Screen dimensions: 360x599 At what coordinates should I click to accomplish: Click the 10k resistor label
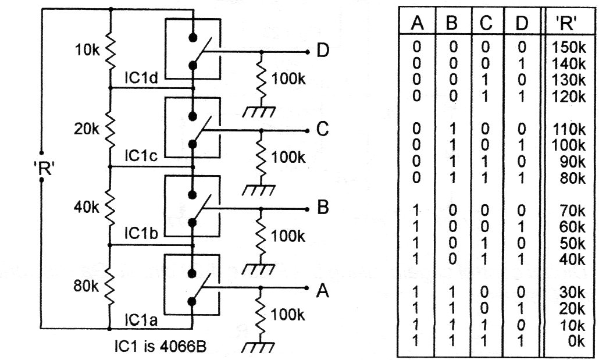(x=88, y=50)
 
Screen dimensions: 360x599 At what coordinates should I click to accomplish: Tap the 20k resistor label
(x=88, y=129)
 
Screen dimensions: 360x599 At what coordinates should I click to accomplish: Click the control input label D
(x=323, y=51)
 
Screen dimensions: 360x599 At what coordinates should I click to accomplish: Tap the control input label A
(x=323, y=291)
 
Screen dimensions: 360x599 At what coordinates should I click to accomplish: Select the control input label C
(x=323, y=129)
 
